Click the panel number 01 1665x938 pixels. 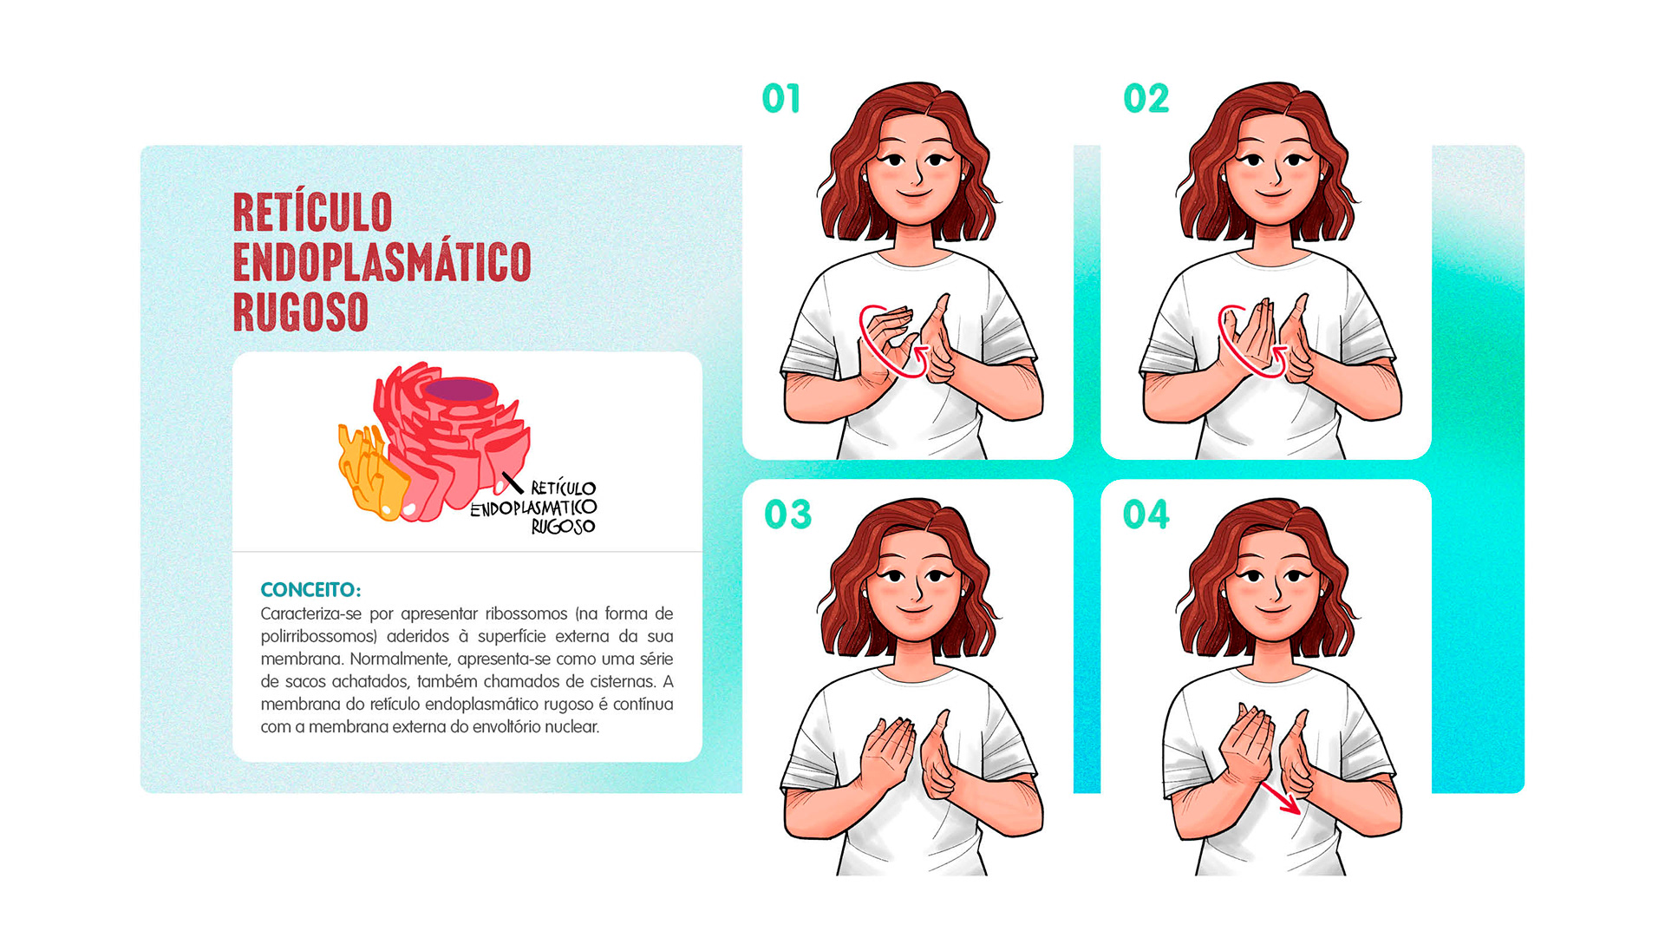pyautogui.click(x=780, y=99)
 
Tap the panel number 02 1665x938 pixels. pyautogui.click(x=1146, y=99)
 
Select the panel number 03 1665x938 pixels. pyautogui.click(x=787, y=515)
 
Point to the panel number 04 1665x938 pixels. pyautogui.click(x=1146, y=515)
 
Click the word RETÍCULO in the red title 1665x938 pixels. pyautogui.click(x=312, y=213)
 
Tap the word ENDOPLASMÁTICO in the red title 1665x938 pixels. pyautogui.click(x=382, y=262)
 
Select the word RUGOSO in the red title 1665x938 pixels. pyautogui.click(x=301, y=312)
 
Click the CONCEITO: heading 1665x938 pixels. pyautogui.click(x=310, y=590)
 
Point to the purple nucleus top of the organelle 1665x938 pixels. pyautogui.click(x=460, y=390)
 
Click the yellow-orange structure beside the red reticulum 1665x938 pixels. pyautogui.click(x=371, y=473)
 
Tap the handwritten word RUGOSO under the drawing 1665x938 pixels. pyautogui.click(x=563, y=527)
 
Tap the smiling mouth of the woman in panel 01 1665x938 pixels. pyautogui.click(x=912, y=195)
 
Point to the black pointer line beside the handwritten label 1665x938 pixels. pyautogui.click(x=513, y=483)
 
